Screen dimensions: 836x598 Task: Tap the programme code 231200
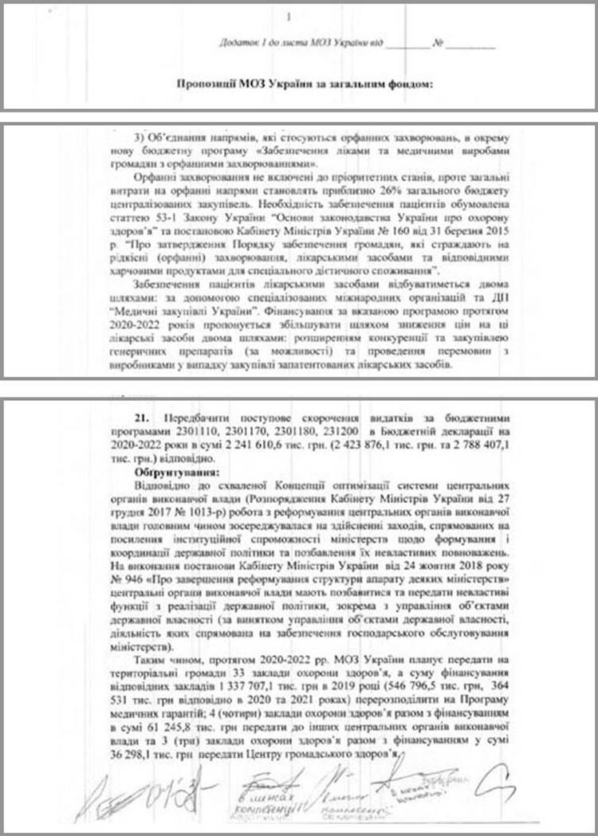pos(365,430)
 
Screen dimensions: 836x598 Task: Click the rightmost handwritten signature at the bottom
pos(501,776)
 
